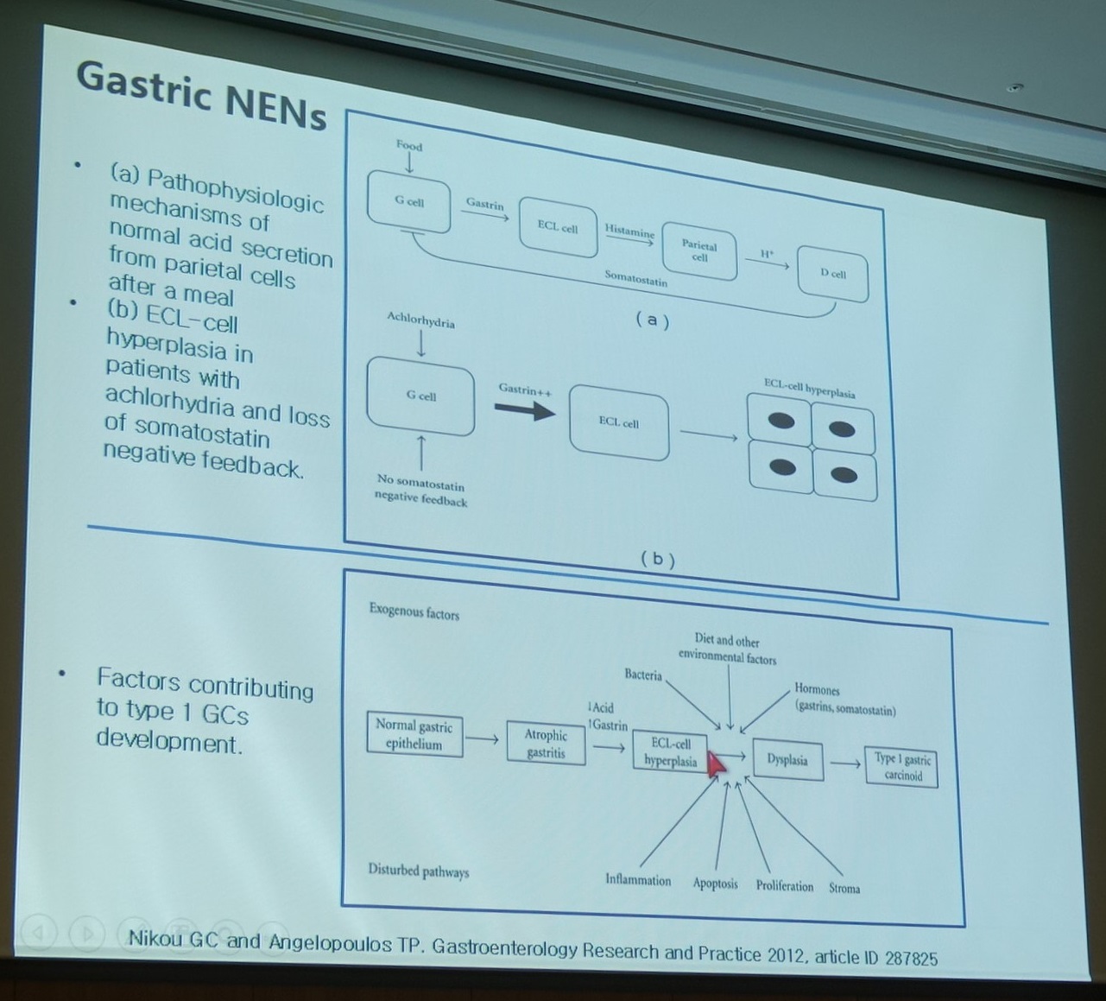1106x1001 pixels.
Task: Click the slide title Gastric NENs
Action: [202, 95]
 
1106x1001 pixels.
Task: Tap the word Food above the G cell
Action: [409, 146]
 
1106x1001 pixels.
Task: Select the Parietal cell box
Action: [699, 251]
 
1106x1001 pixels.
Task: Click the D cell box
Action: [833, 274]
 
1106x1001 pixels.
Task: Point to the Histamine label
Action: [629, 231]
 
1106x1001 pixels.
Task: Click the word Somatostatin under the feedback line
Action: [635, 278]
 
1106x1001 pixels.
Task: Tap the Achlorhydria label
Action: [420, 320]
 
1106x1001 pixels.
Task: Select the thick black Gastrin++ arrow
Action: [524, 410]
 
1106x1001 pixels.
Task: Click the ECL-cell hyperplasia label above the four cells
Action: [809, 389]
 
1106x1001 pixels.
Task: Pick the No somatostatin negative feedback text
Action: [421, 491]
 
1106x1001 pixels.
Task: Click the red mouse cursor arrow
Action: [717, 763]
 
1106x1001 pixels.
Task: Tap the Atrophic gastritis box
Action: [546, 743]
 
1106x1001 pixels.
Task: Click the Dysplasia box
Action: [788, 760]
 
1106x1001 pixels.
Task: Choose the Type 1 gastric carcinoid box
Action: [901, 767]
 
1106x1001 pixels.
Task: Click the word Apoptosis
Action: [715, 884]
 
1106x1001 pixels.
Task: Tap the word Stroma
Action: [844, 888]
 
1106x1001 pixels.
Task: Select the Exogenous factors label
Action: [414, 611]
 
